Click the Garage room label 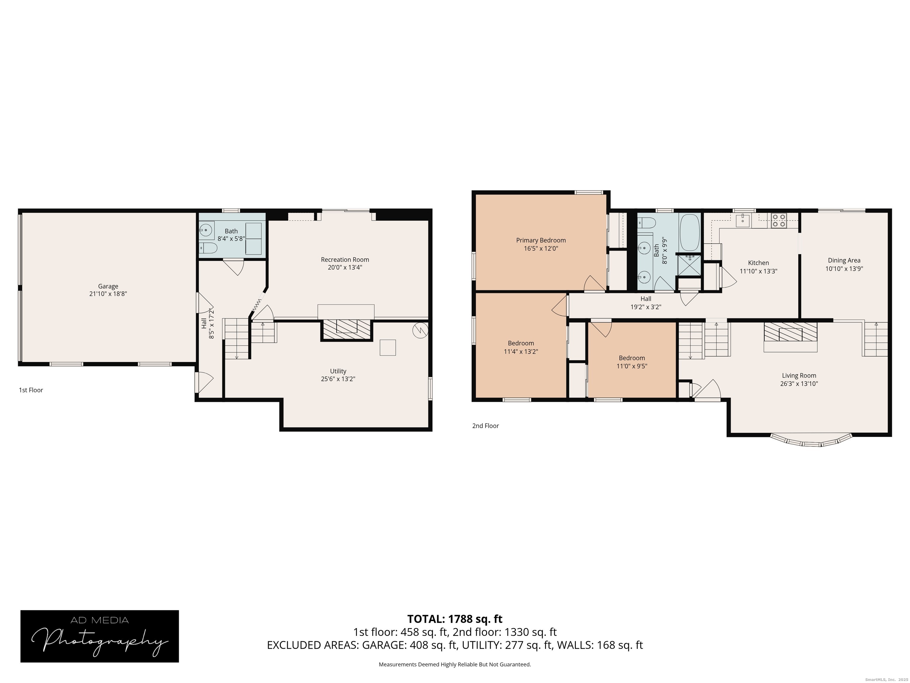108,286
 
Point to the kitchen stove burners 778,220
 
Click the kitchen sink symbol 743,221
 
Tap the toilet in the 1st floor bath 209,248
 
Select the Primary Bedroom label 541,240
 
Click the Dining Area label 844,260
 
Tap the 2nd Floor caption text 486,426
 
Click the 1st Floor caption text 31,390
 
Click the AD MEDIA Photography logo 100,636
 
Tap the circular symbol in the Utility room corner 420,330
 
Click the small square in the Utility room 387,347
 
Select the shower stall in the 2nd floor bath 689,266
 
